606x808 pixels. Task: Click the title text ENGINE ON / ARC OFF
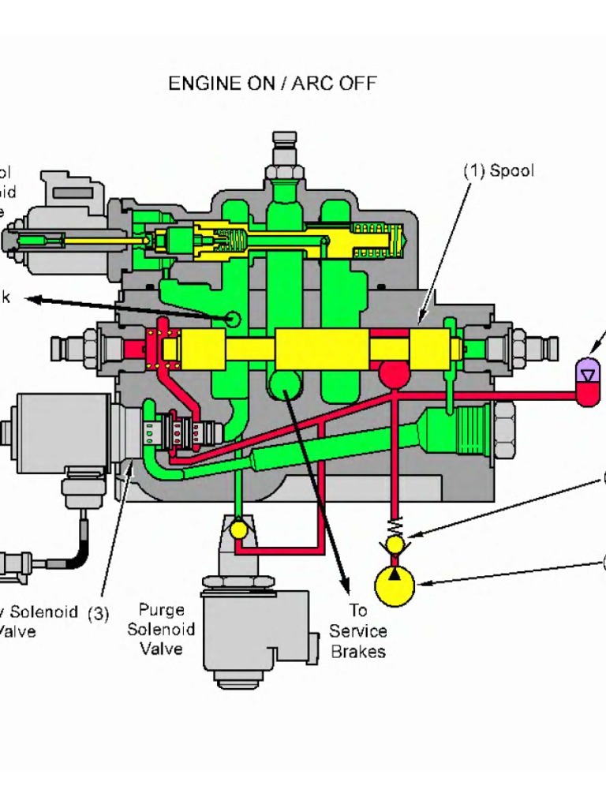pyautogui.click(x=272, y=83)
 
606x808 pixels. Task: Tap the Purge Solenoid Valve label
pyautogui.click(x=161, y=629)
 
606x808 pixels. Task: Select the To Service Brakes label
pyautogui.click(x=357, y=630)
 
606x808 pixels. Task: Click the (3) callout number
pyautogui.click(x=98, y=613)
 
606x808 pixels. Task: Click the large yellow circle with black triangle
pyautogui.click(x=395, y=585)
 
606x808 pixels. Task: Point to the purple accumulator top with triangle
pyautogui.click(x=589, y=372)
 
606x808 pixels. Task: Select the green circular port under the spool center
pyautogui.click(x=283, y=386)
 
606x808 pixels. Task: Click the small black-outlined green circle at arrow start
pyautogui.click(x=232, y=318)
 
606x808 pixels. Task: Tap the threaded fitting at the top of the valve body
pyautogui.click(x=284, y=158)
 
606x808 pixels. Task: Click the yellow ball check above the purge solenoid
pyautogui.click(x=239, y=530)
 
